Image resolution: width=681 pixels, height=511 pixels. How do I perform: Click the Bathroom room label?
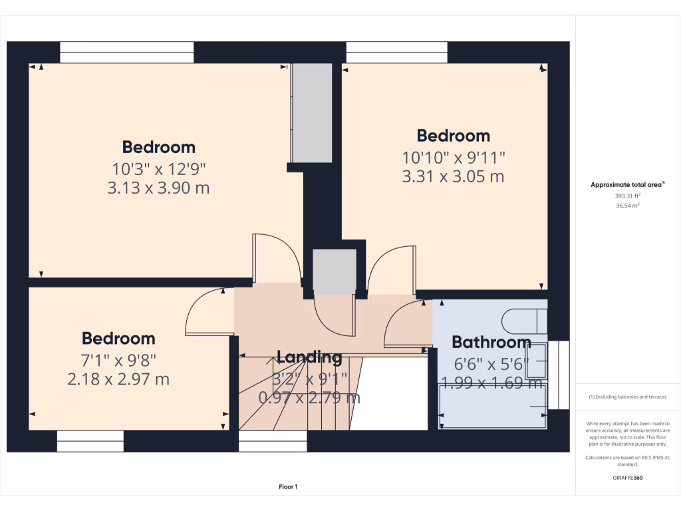point(491,342)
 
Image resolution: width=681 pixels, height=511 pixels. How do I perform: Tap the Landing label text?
point(309,357)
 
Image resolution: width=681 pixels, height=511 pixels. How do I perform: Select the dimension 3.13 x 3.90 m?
point(158,188)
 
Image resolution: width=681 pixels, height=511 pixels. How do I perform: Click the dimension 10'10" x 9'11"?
point(454,158)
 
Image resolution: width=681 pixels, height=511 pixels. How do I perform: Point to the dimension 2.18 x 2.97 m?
point(118,379)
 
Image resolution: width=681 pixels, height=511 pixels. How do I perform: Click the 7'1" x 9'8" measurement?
point(118,360)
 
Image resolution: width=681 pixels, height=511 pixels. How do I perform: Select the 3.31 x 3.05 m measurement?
point(454,176)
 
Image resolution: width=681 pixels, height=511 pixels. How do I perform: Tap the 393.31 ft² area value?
point(628,196)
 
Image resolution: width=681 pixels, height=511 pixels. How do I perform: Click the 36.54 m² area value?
point(628,206)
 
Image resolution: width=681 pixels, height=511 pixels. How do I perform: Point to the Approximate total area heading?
point(627,185)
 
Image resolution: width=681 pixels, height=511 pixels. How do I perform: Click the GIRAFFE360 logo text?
point(628,478)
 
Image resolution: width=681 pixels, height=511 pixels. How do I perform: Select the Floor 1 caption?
point(288,487)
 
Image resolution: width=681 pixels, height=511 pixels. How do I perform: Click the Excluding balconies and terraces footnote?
point(628,397)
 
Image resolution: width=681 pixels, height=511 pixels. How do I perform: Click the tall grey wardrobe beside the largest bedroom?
point(311,112)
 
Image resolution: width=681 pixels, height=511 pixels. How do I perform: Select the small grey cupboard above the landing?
point(335,271)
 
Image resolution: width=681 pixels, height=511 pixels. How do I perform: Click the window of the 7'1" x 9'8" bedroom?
point(90,440)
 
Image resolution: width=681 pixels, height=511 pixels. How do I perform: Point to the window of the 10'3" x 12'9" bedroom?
point(126,53)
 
